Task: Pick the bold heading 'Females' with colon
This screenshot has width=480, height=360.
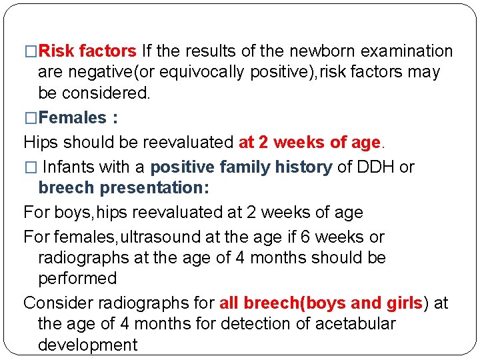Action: point(79,118)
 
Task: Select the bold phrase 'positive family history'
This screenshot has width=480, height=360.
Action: point(241,167)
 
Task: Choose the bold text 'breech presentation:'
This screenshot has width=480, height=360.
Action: point(124,188)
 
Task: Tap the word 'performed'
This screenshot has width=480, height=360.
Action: point(77,278)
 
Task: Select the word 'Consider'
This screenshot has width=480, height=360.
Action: point(58,303)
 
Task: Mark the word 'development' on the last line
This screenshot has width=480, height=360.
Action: point(87,345)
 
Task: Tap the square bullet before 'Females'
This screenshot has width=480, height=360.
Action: point(29,119)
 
